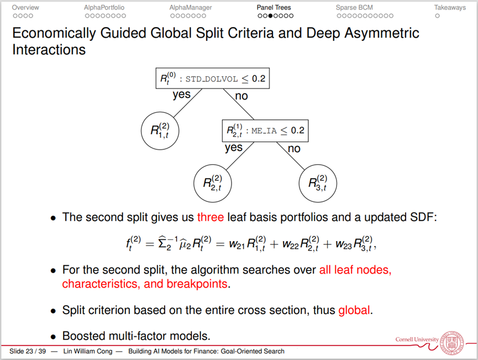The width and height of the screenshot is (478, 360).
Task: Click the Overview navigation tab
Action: [25, 8]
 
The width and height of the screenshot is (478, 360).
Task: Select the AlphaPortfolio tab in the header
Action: [104, 8]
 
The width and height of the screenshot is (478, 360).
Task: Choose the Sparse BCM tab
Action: [354, 8]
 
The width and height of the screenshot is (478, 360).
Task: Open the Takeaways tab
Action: [450, 8]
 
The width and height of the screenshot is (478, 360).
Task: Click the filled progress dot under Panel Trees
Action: [273, 16]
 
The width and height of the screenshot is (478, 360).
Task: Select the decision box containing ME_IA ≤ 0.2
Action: [265, 131]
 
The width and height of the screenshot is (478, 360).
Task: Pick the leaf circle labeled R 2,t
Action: [213, 183]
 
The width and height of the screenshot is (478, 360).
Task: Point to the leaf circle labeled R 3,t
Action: [318, 183]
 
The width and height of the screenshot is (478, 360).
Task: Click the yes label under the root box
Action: [181, 95]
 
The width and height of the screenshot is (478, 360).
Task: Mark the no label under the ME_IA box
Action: [294, 148]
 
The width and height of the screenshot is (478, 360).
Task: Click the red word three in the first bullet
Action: [210, 217]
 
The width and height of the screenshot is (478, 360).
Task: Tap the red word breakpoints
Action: [200, 284]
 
